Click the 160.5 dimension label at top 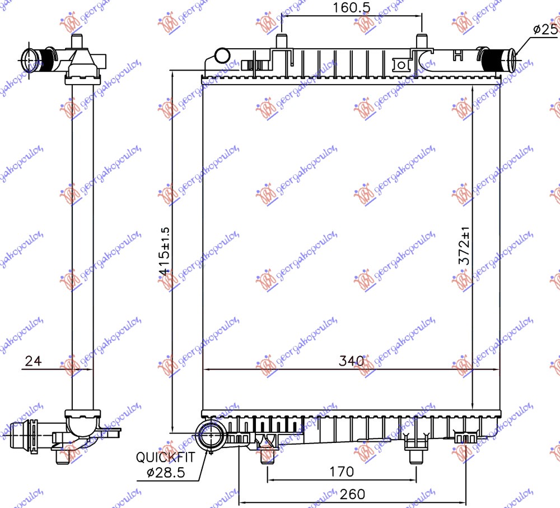[348, 8]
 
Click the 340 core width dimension [352, 361]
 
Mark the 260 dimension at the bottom [352, 494]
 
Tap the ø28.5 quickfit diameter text [167, 473]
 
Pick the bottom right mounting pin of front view [416, 455]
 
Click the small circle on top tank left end [222, 56]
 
